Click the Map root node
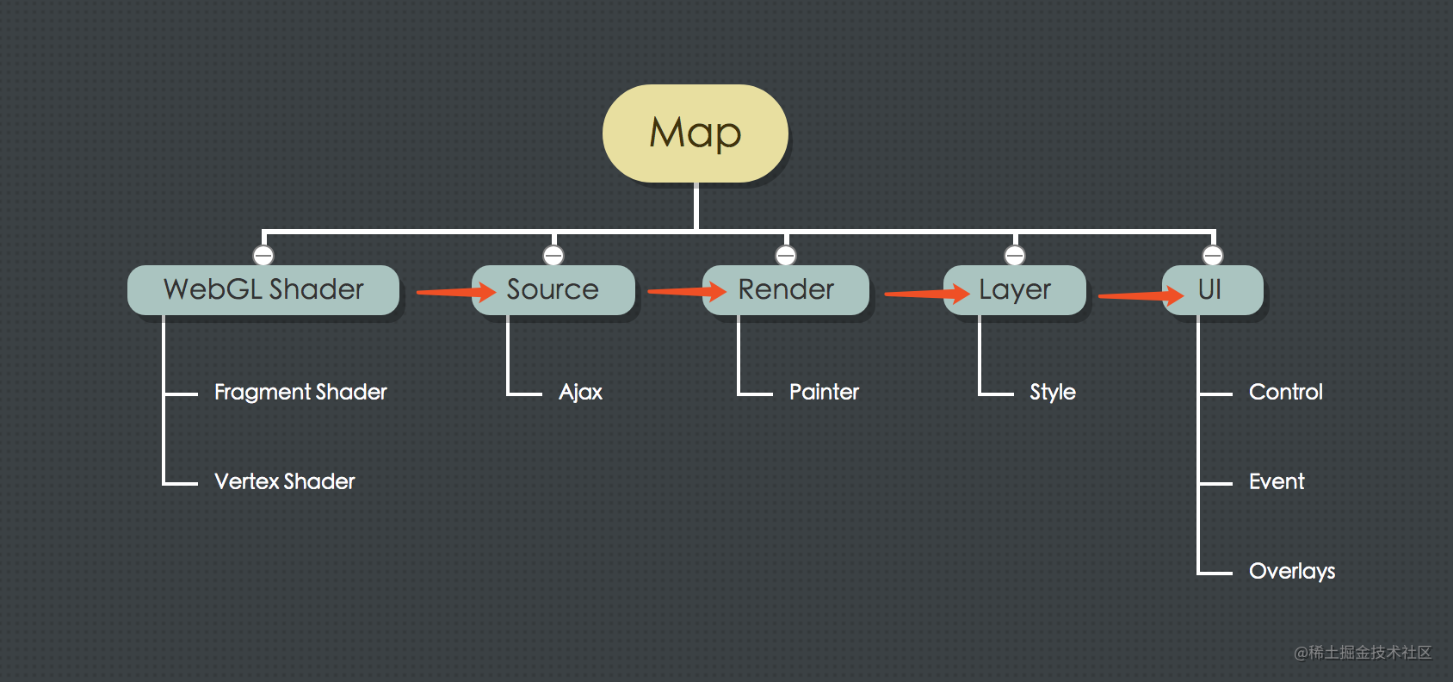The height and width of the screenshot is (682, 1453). tap(696, 133)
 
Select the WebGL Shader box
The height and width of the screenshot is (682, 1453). tap(263, 290)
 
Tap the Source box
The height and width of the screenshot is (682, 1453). tap(553, 290)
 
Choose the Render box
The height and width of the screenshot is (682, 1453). tap(786, 290)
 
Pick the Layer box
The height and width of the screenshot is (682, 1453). tap(1015, 290)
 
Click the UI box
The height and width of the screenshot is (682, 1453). tap(1212, 290)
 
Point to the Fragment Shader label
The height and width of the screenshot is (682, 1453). tap(300, 393)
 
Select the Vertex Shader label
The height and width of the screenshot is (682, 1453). tap(285, 482)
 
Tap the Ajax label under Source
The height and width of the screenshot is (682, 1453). tap(581, 393)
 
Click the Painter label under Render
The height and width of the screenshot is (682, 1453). tap(824, 393)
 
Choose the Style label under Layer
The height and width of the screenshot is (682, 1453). tap(1053, 393)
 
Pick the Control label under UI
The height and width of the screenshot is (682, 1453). tap(1286, 393)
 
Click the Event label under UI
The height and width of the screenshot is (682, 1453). tap(1277, 482)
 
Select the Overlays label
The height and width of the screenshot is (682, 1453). tap(1292, 572)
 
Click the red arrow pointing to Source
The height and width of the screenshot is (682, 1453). tap(456, 293)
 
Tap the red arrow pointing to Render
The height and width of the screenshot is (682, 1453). tap(687, 293)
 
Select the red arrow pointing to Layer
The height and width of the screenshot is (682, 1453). tap(927, 294)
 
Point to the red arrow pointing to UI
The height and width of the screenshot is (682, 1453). tap(1141, 296)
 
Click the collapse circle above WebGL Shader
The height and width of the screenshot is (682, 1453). tap(263, 256)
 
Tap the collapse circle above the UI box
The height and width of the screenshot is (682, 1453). tap(1213, 256)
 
